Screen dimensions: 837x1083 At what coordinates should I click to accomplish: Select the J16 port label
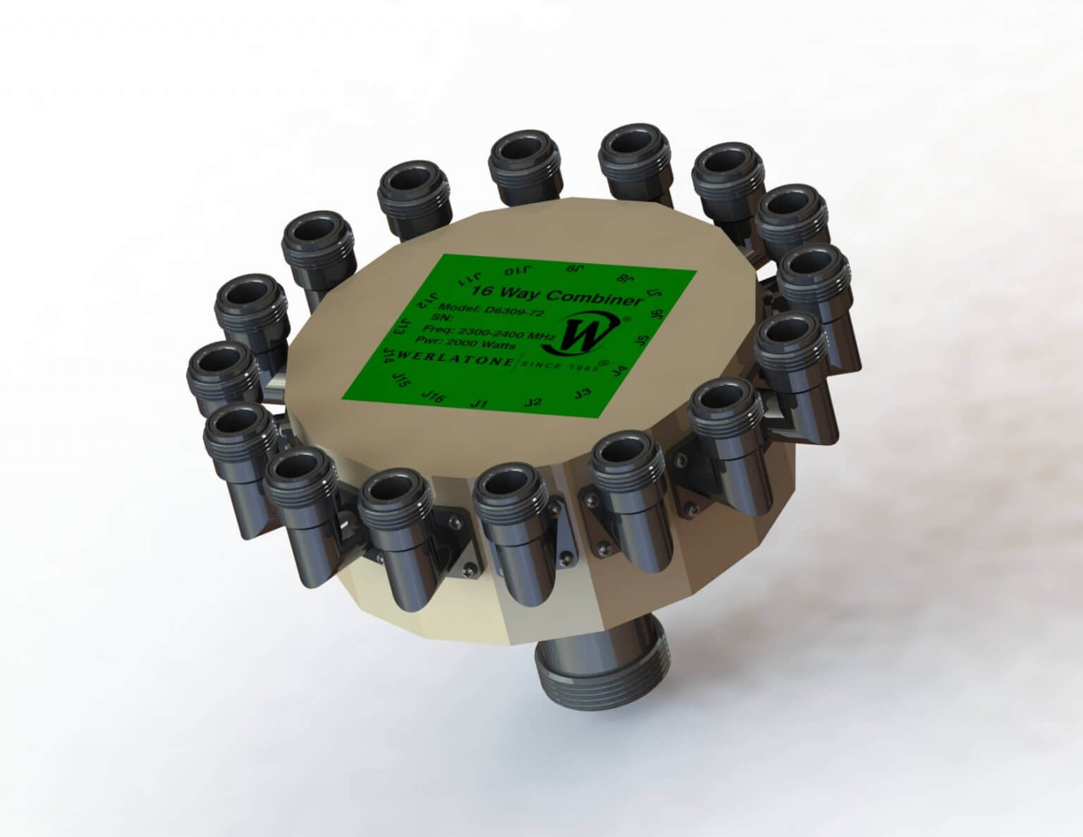pos(432,397)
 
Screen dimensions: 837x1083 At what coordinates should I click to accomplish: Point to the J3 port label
pos(583,392)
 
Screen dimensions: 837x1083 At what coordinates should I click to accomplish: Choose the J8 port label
pos(622,277)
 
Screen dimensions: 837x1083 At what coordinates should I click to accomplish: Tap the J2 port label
pos(534,402)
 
